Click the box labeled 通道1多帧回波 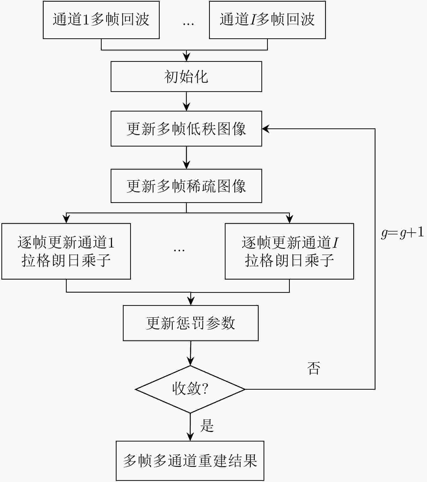point(101,20)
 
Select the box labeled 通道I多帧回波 point(267,20)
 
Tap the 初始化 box point(186,77)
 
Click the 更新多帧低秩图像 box point(186,129)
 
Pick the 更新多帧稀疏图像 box point(186,186)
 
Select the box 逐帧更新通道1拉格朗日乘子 point(66,251)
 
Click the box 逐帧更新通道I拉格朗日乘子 point(289,251)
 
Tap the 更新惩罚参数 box point(191,323)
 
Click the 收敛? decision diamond point(190,389)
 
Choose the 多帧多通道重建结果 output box point(190,461)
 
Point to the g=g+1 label point(402,233)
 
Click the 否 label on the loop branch point(313,368)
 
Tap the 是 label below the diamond point(207,425)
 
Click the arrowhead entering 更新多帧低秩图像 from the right point(265,129)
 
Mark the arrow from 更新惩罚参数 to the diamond point(191,353)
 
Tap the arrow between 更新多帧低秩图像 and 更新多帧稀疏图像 point(186,158)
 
